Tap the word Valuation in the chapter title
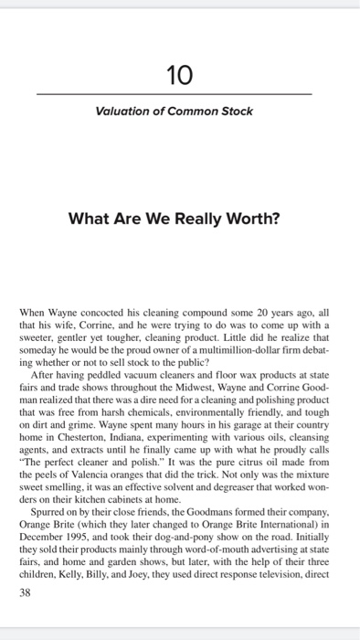tap(123, 112)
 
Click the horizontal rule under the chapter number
tap(173, 94)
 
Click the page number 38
tap(26, 592)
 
